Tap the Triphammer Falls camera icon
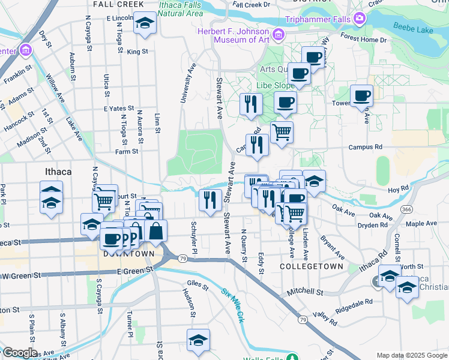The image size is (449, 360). [360, 18]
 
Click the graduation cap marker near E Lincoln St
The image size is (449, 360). [143, 23]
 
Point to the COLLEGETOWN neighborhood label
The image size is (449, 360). [312, 266]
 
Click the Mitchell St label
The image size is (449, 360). [304, 292]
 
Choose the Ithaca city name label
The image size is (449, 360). [58, 172]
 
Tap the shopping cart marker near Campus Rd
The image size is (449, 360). [282, 131]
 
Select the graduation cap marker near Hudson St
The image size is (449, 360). [198, 340]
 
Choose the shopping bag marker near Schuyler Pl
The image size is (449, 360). [155, 231]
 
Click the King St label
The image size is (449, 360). [137, 52]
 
